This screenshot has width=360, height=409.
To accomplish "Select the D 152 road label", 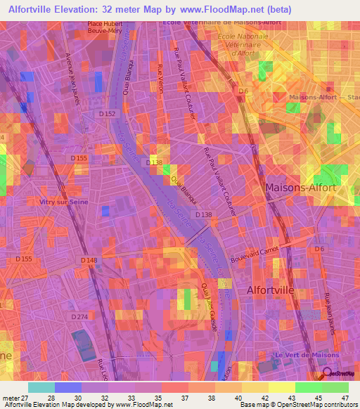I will (107, 113).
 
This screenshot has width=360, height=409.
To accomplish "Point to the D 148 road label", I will (88, 260).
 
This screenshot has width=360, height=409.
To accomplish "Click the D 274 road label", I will (79, 317).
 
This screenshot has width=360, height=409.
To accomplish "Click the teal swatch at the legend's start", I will (41, 387).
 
